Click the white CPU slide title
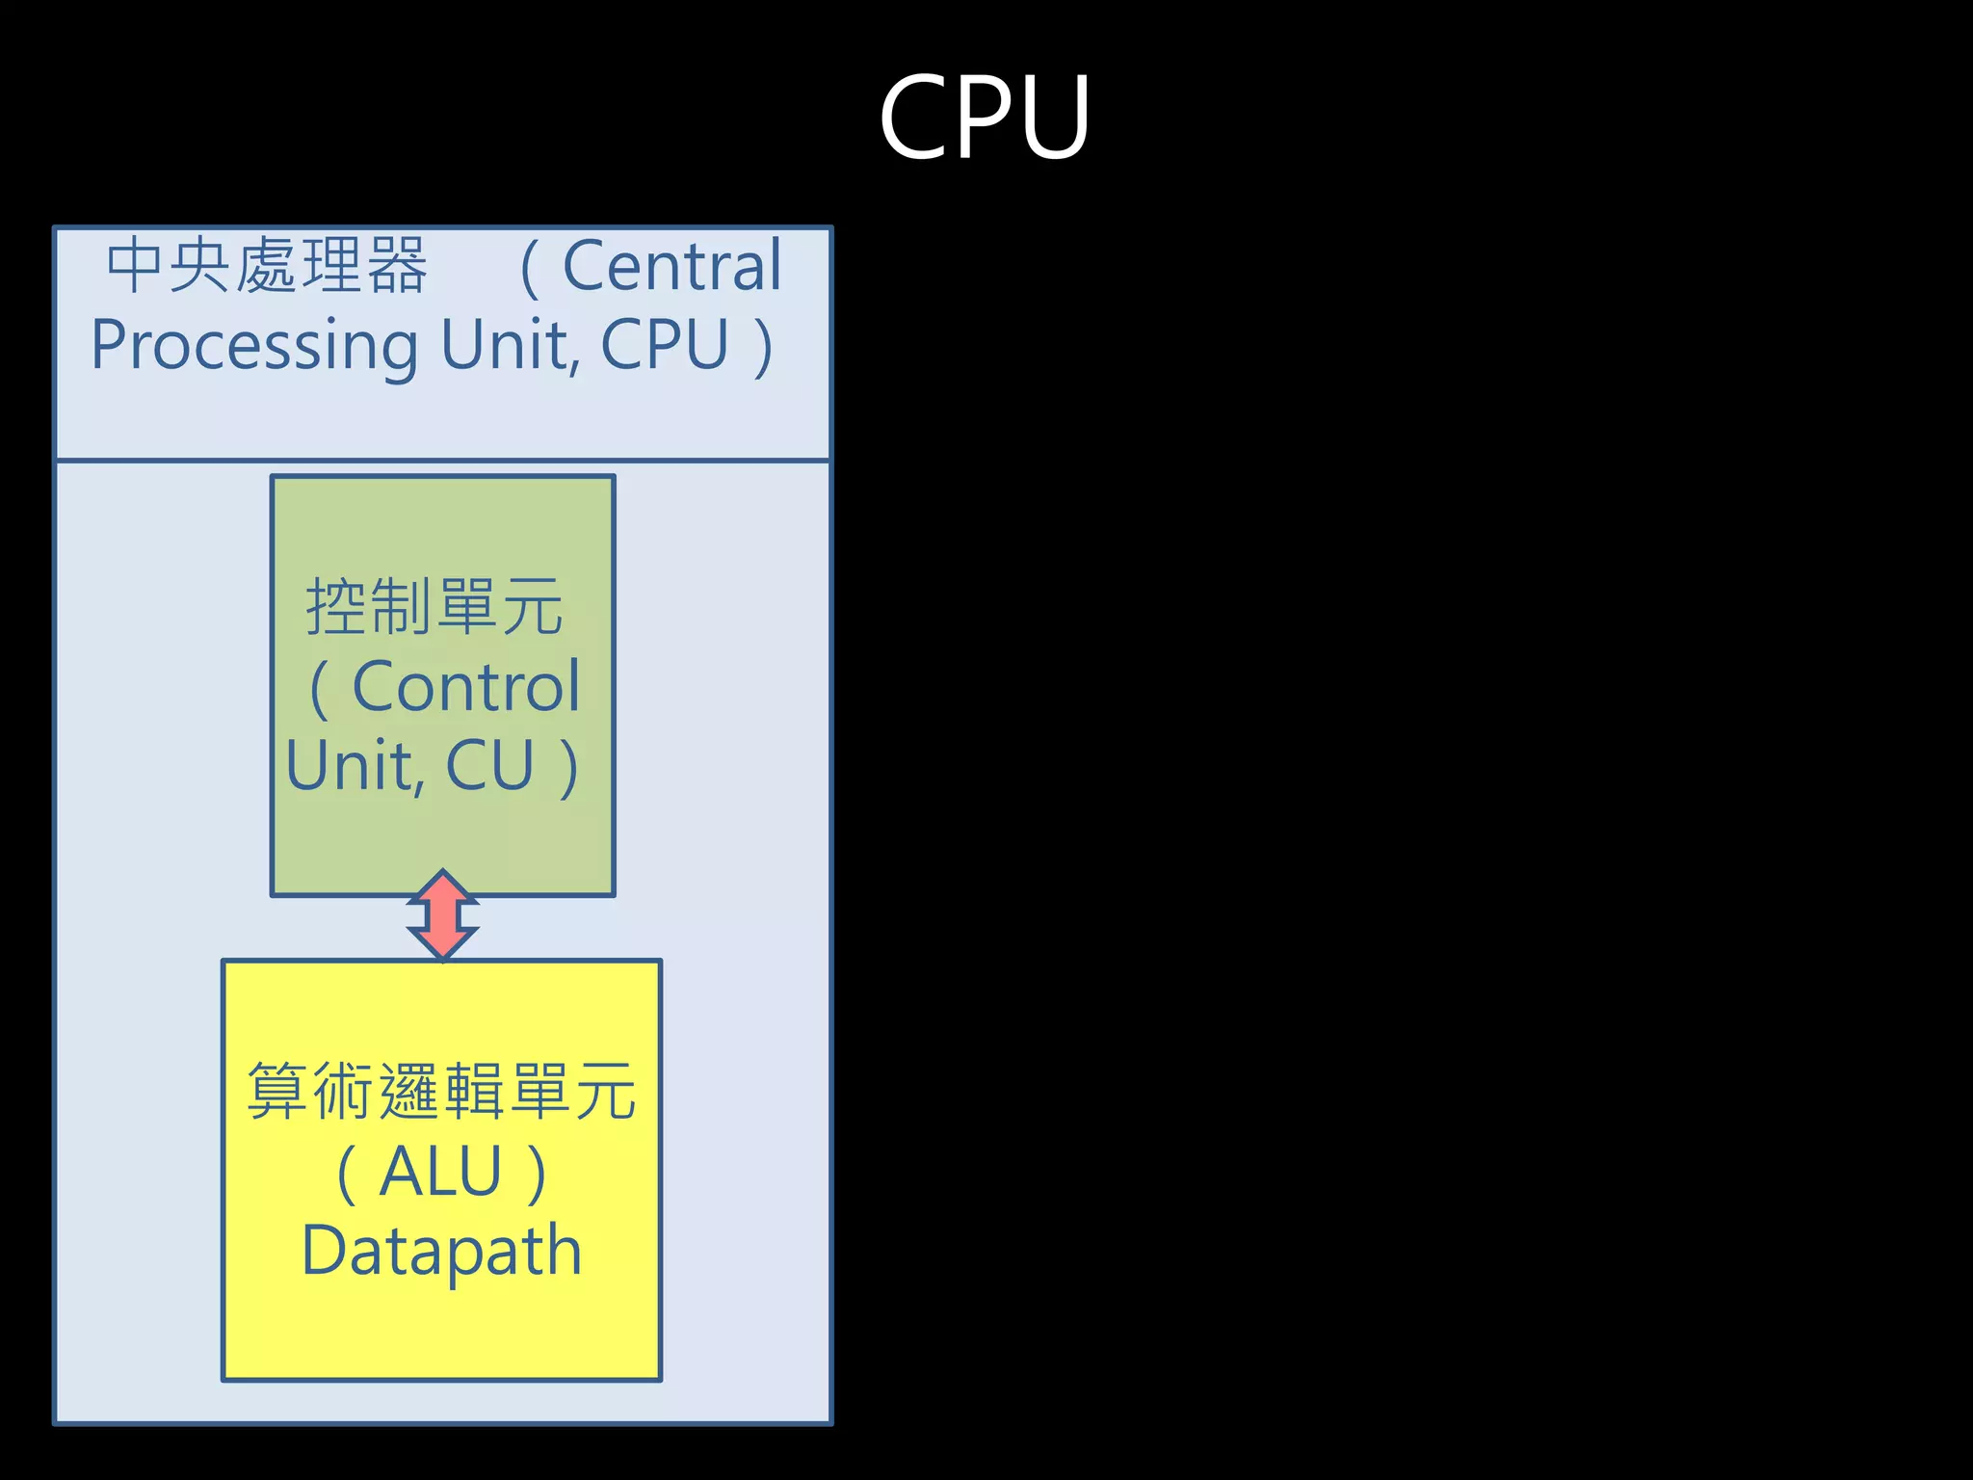(x=985, y=118)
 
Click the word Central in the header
(x=671, y=266)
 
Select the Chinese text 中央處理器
(x=267, y=266)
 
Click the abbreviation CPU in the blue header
(x=665, y=344)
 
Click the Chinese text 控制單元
(x=434, y=607)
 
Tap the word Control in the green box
(x=466, y=687)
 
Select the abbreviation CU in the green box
(x=489, y=766)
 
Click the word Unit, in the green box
(x=355, y=766)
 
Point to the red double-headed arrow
(x=442, y=914)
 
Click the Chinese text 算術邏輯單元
(x=441, y=1092)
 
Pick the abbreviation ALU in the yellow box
(x=440, y=1172)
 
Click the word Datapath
(x=442, y=1251)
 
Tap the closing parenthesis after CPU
(x=763, y=347)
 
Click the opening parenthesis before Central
(x=529, y=268)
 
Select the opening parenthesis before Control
(x=320, y=689)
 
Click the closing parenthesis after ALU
(x=537, y=1174)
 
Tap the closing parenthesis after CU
(x=568, y=768)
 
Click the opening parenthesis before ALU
(x=347, y=1174)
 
